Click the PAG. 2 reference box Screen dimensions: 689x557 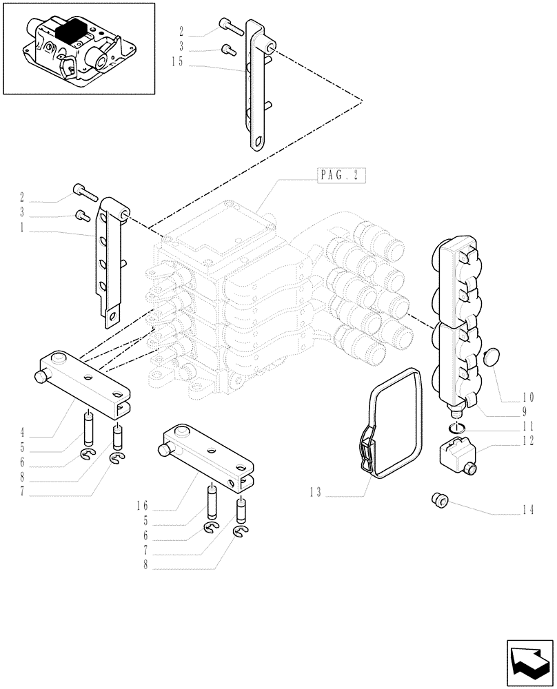pos(341,175)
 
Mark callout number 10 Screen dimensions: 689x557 pos(527,397)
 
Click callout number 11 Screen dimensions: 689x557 pos(527,427)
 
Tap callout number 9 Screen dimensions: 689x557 pos(524,412)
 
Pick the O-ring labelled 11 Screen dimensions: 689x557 pos(456,430)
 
